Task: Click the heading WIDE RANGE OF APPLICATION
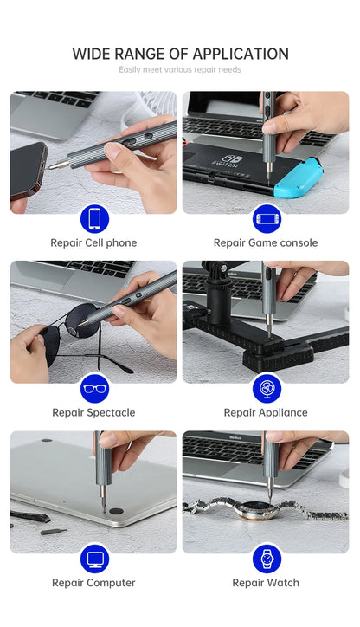click(x=179, y=54)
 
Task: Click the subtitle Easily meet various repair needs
click(x=179, y=69)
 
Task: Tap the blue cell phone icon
click(x=93, y=218)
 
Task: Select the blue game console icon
click(x=266, y=218)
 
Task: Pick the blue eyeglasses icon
click(x=93, y=388)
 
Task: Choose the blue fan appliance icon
click(x=266, y=388)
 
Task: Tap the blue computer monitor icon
click(x=93, y=558)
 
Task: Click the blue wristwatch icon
click(x=266, y=558)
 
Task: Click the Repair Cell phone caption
click(x=93, y=243)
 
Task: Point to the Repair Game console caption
click(x=266, y=243)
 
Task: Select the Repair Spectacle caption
click(x=93, y=413)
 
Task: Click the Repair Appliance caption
click(x=266, y=413)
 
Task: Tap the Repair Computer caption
click(x=93, y=583)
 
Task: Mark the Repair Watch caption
click(x=266, y=583)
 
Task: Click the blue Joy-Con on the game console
click(x=292, y=179)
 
